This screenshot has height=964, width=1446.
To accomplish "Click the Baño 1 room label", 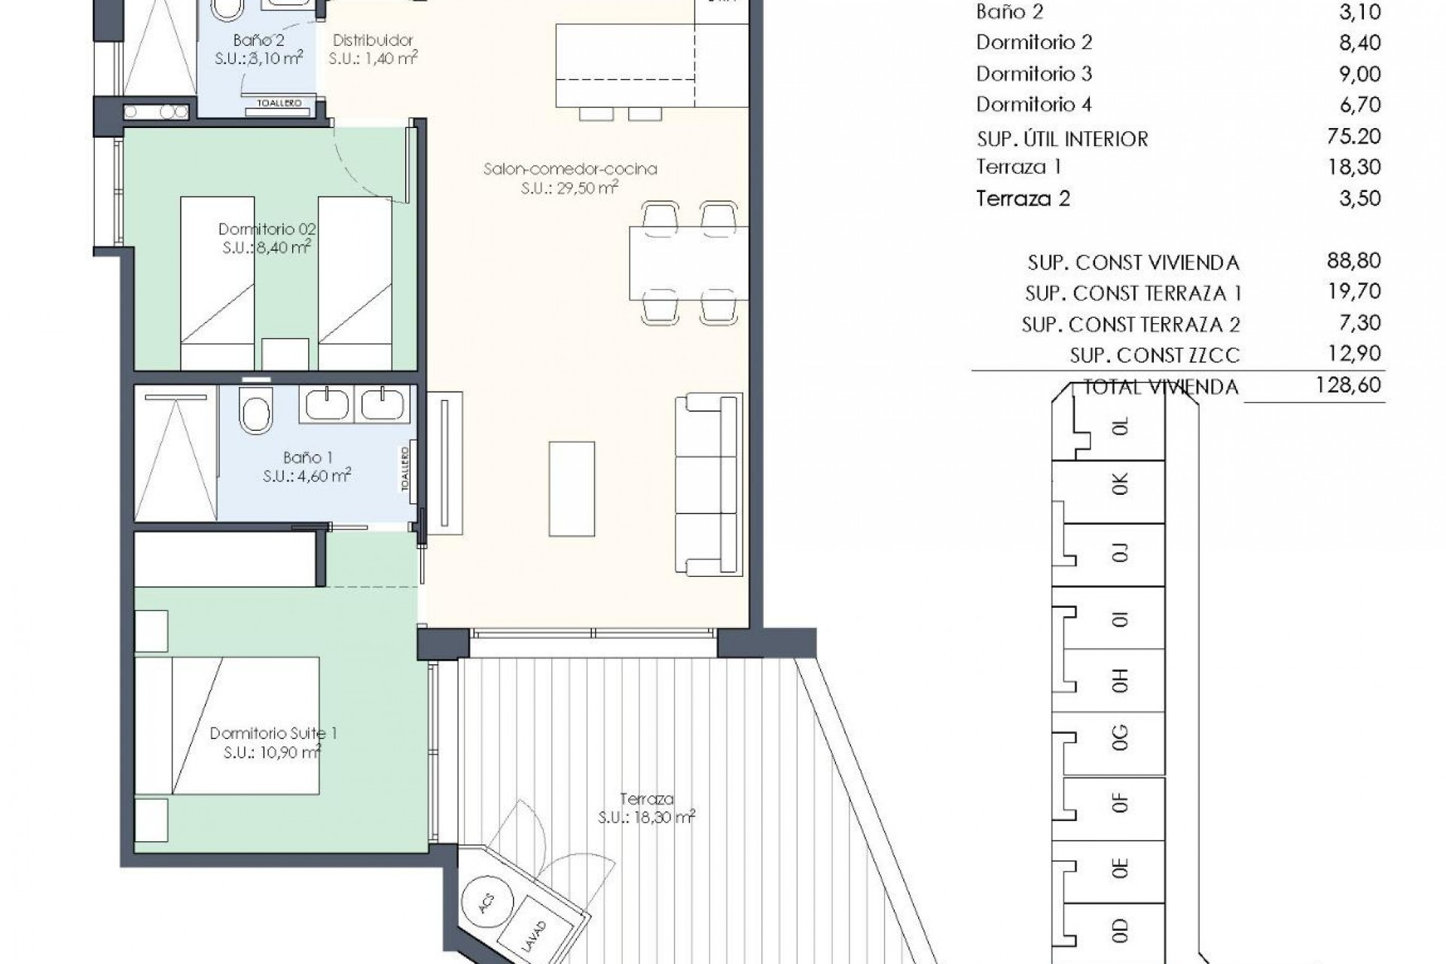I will click(307, 458).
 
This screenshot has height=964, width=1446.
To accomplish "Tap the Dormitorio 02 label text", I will click(267, 229).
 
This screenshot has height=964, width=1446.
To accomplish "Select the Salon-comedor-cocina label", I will click(570, 169).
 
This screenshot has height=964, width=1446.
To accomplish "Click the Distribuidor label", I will click(373, 41).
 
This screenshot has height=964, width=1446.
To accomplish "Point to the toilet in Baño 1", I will click(256, 411).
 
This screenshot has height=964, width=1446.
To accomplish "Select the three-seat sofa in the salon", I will click(708, 484).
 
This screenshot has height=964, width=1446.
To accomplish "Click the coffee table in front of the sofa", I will click(572, 489).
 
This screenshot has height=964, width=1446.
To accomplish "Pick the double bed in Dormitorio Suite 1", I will click(227, 725).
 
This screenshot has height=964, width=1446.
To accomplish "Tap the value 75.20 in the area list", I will click(1354, 136).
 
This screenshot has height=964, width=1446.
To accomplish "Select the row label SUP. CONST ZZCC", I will click(1154, 355).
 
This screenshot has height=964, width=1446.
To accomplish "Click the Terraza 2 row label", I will click(1023, 199).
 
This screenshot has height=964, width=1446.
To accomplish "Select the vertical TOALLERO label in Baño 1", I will click(404, 469).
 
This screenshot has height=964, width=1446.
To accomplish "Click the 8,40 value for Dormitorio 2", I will click(1359, 43).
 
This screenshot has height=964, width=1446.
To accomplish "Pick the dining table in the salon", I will click(688, 263).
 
